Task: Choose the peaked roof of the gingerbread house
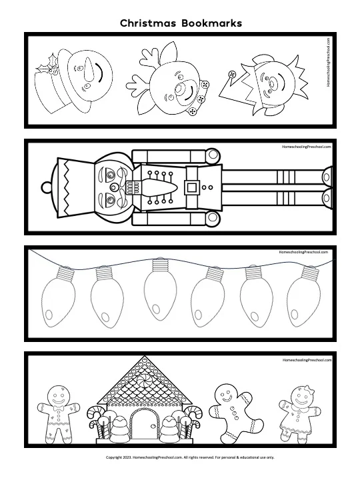141,380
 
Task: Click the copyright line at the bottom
181,457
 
